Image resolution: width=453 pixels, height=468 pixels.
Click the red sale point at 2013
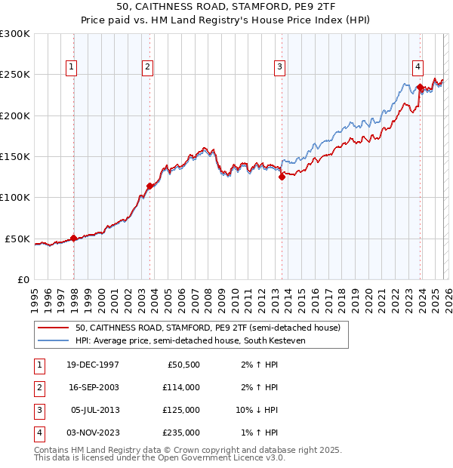pyautogui.click(x=282, y=177)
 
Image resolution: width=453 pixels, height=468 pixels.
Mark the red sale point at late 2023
pyautogui.click(x=420, y=88)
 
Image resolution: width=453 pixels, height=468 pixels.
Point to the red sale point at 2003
pyautogui.click(x=149, y=186)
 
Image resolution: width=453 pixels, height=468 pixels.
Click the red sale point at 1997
pyautogui.click(x=73, y=238)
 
